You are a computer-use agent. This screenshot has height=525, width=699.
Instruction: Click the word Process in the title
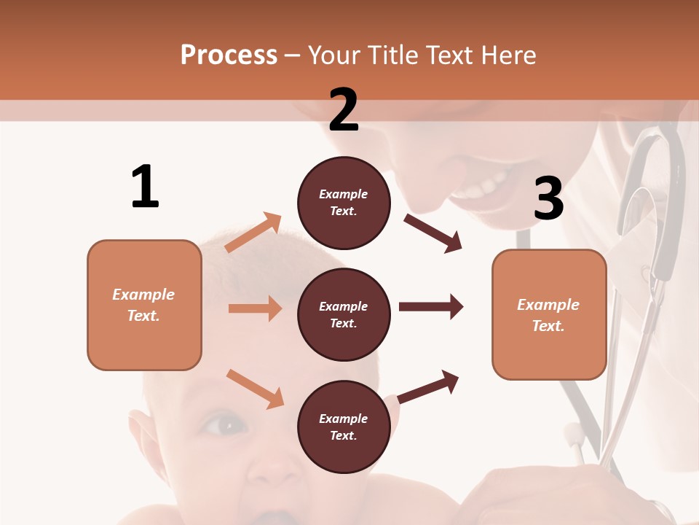229,55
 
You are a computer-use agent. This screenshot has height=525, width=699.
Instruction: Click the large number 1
145,187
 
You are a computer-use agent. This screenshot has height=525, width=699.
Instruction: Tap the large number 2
344,110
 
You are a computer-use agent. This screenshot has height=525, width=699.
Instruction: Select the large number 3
548,199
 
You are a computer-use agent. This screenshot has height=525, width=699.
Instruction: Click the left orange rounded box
144,305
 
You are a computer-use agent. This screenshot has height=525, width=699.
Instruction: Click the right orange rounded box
549,314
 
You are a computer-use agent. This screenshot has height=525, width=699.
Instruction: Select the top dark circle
344,203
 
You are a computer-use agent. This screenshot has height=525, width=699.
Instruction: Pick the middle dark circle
344,314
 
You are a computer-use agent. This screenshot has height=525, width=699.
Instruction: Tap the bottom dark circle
344,427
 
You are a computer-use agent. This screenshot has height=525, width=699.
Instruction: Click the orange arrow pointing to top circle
253,233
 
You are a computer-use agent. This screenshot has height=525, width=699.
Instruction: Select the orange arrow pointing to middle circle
255,308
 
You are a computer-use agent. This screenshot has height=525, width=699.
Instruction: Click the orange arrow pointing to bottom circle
255,389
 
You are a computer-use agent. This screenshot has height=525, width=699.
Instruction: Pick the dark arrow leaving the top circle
433,233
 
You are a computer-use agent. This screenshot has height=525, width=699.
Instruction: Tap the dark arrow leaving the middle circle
431,307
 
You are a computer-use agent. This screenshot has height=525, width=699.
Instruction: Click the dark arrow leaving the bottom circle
429,386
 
